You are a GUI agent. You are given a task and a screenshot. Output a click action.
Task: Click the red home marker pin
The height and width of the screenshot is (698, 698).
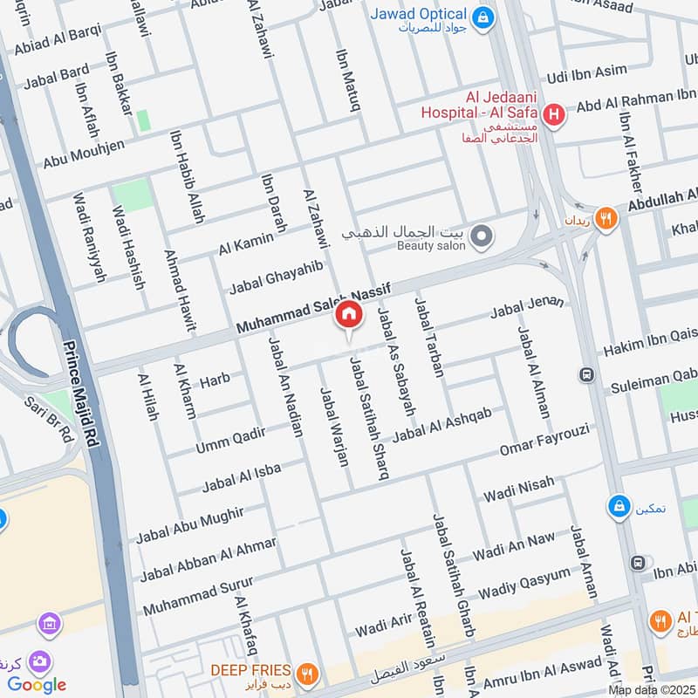point(348,316)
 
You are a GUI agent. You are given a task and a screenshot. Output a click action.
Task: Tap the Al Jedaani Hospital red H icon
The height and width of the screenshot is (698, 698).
point(552,114)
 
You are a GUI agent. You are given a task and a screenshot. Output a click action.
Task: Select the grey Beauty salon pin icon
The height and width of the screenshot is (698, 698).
point(480,236)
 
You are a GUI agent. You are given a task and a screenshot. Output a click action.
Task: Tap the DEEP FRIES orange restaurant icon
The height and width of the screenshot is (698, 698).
point(305,673)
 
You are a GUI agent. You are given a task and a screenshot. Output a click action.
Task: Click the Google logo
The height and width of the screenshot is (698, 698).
point(37,685)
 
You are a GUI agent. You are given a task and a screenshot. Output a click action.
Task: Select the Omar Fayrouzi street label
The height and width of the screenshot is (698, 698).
point(544,439)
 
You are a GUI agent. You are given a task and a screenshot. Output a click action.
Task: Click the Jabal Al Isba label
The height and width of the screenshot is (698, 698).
point(242,476)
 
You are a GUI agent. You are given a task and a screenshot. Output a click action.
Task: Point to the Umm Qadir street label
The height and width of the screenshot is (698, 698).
point(229,440)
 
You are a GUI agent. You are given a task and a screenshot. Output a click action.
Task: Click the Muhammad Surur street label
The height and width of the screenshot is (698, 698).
point(198,594)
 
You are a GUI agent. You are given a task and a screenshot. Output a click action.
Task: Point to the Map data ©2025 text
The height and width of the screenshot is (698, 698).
point(650,689)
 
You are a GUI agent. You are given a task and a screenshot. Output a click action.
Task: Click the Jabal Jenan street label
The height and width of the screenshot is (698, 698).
point(527,306)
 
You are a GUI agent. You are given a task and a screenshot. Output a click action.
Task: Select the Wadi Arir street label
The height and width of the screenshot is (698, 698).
point(383,625)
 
